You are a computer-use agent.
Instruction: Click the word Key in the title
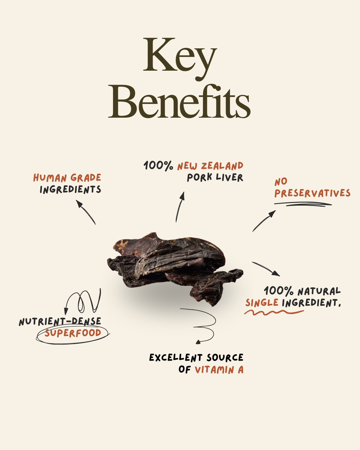coord(180,59)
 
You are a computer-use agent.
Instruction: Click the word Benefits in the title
coord(179,101)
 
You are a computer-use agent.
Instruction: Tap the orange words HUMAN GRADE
coord(67,178)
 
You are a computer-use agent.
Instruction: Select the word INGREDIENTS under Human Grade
coord(70,189)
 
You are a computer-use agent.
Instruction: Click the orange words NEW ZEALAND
coord(210,166)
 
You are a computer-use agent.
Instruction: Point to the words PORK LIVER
coord(215,178)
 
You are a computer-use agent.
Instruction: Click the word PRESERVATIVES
coord(312,193)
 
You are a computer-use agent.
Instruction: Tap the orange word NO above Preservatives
coord(281,182)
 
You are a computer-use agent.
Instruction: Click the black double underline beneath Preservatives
coord(303,204)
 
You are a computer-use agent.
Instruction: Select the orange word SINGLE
coord(262,303)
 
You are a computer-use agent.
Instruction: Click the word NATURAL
coord(319,291)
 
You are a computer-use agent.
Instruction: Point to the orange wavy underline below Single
coord(274,312)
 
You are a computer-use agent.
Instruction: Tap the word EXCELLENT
coord(176,358)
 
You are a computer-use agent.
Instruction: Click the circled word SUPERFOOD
coord(73,333)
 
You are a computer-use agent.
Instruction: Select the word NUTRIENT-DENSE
coord(60,321)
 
